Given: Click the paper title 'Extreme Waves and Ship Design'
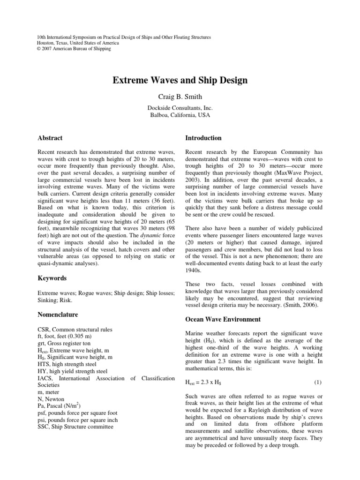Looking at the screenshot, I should (x=180, y=81).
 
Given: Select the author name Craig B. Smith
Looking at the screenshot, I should (x=180, y=97).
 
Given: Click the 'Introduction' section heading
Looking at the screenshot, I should (x=203, y=138).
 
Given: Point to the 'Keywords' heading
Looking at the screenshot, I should (x=52, y=278).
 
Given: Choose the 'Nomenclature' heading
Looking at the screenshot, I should (x=58, y=315).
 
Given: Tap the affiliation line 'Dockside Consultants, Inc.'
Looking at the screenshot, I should (x=180, y=108).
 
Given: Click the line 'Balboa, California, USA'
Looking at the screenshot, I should (x=180, y=115).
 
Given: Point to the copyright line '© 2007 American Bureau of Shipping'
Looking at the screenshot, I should (x=74, y=49).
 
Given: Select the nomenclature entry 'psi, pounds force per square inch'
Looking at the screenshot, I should (x=78, y=420).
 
